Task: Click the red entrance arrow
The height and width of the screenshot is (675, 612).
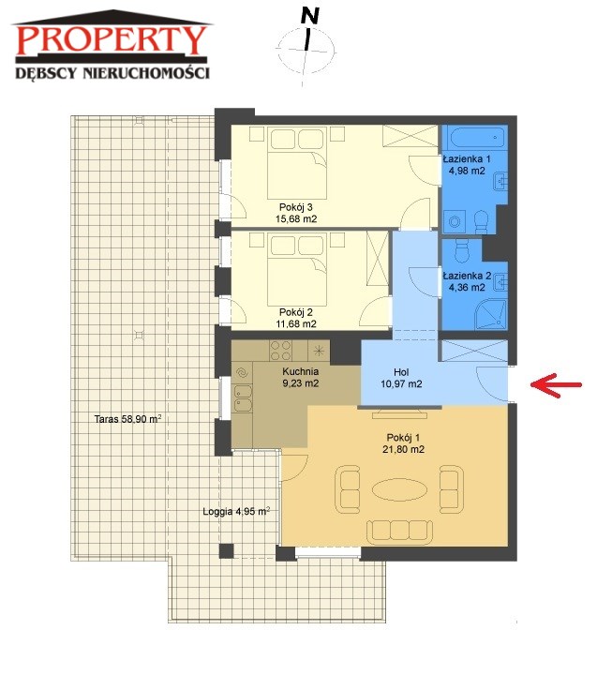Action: tap(556, 384)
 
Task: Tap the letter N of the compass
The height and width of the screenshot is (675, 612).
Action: tap(310, 16)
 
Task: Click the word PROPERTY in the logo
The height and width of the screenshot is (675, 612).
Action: tap(111, 40)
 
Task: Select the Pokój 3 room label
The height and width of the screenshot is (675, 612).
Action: tap(295, 207)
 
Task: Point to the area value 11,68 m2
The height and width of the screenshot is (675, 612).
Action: tap(296, 323)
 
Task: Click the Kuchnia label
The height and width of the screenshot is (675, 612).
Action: tap(301, 371)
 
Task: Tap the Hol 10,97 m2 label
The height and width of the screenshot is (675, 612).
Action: tap(401, 378)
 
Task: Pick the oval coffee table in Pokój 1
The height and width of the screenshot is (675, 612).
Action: tap(399, 489)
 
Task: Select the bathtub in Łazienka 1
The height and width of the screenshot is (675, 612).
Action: tap(475, 138)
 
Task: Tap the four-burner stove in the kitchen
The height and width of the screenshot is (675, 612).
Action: tap(280, 351)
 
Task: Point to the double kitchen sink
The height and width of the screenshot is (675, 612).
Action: tap(243, 398)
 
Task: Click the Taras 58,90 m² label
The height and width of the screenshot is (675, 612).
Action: tap(127, 418)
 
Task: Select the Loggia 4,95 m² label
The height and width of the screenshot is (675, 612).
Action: tap(236, 512)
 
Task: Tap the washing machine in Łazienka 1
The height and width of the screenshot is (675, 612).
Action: tap(455, 221)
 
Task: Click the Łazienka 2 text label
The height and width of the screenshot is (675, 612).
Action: tap(467, 276)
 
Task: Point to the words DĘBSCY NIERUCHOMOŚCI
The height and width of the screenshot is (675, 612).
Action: tap(112, 72)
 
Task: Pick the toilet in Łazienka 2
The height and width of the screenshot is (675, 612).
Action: tap(461, 250)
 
